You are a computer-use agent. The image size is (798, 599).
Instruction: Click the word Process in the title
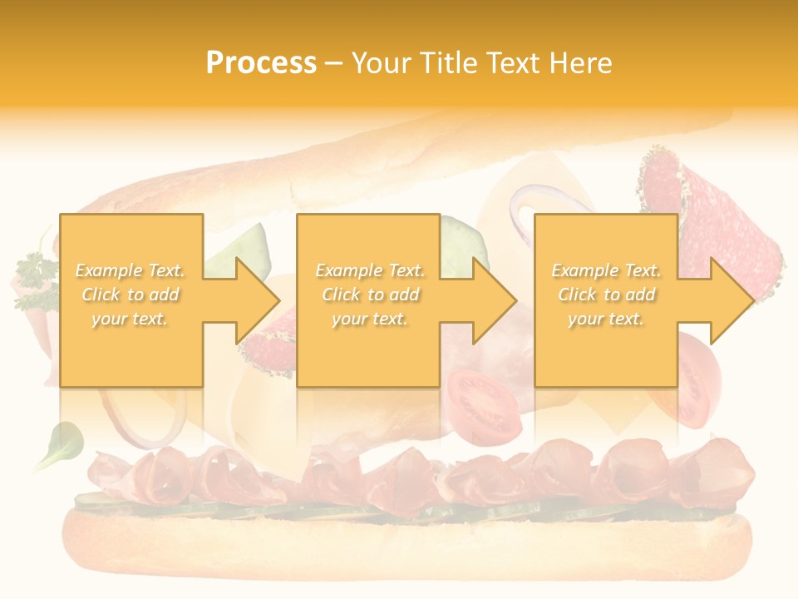[261, 63]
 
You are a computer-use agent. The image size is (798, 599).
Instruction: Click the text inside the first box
[131, 295]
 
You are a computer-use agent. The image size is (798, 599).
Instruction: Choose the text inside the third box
[606, 295]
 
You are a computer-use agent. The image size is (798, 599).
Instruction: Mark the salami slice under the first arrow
[274, 341]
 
